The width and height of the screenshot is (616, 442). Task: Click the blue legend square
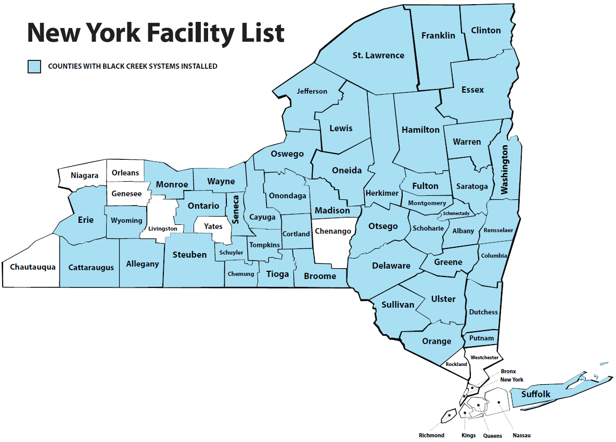click(x=34, y=67)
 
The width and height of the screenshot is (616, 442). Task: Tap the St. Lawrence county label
click(x=378, y=55)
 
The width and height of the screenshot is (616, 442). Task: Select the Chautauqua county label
click(x=33, y=267)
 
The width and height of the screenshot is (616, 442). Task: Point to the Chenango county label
click(x=333, y=231)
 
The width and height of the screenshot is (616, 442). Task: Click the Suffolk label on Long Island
click(x=536, y=394)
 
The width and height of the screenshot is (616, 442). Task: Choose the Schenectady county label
click(x=456, y=213)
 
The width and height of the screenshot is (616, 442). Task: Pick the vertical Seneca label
click(x=235, y=209)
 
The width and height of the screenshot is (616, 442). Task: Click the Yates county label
click(x=213, y=226)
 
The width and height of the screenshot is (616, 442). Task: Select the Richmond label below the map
click(x=432, y=435)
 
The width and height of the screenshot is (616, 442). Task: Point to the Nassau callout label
click(x=521, y=435)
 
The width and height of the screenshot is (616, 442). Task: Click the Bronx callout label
click(x=508, y=371)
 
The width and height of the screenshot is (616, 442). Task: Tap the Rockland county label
click(x=456, y=364)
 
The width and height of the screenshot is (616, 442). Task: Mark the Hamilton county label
click(x=421, y=130)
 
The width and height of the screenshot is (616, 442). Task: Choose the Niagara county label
click(x=84, y=176)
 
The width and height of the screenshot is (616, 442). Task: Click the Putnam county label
click(x=481, y=338)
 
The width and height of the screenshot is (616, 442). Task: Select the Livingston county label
click(x=163, y=229)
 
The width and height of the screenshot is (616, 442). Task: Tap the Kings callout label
click(x=468, y=435)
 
